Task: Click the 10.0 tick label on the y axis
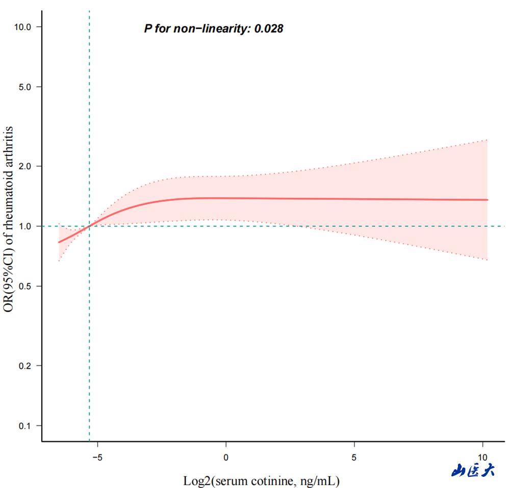[x=21, y=27]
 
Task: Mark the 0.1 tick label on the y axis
[x=23, y=426]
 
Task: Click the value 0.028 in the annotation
[x=269, y=29]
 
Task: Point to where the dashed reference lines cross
[x=89, y=226]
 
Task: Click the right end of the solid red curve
[x=488, y=199]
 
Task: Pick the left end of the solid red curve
[x=58, y=242]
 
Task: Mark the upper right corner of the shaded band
[x=488, y=139]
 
